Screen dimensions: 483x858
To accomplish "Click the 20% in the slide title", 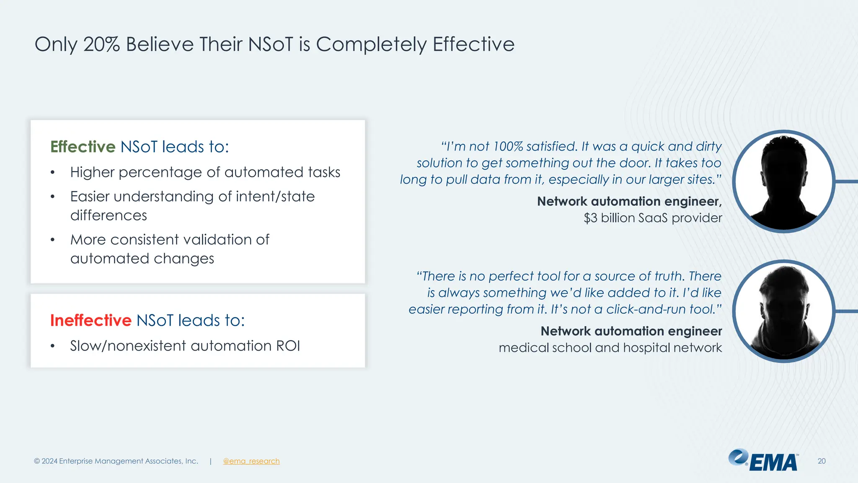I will [102, 44].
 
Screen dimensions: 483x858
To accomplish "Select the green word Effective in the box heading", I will [83, 147].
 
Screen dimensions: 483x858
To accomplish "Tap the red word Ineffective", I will [91, 320].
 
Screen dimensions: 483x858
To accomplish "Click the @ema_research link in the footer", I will [251, 461].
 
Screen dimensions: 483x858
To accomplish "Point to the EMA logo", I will [763, 461].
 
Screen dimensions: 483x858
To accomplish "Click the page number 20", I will [822, 461].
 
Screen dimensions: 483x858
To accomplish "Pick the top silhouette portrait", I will [784, 182].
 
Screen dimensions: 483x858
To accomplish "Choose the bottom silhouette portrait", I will [784, 312].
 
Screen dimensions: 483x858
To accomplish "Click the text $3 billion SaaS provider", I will [653, 218].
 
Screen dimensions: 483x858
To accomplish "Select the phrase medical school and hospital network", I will [610, 348].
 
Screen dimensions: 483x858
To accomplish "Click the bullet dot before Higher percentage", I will [52, 173].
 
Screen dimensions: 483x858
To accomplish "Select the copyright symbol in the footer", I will [37, 461].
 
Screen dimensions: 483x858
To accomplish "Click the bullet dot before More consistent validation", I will [52, 240].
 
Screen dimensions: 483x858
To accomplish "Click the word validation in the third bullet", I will [218, 240].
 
